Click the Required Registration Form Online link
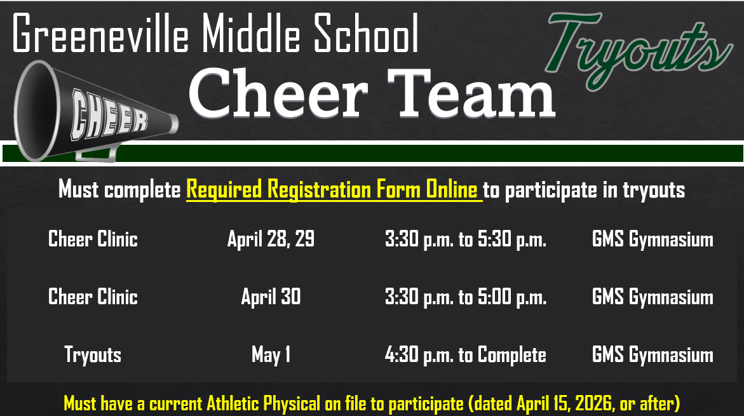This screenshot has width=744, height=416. click(x=334, y=189)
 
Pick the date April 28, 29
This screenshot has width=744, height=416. click(x=271, y=239)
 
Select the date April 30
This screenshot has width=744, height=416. click(x=271, y=297)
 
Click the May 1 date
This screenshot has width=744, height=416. click(x=271, y=354)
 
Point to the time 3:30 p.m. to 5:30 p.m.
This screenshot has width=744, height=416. click(x=465, y=239)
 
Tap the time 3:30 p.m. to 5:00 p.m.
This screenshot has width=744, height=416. click(x=465, y=297)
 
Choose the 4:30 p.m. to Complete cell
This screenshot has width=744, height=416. click(x=465, y=354)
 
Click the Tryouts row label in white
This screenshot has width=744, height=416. click(x=93, y=354)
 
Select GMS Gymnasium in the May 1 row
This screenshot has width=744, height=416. click(x=652, y=354)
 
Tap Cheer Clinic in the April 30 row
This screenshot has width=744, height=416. click(x=93, y=297)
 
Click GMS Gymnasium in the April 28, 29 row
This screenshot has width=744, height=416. click(x=652, y=239)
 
